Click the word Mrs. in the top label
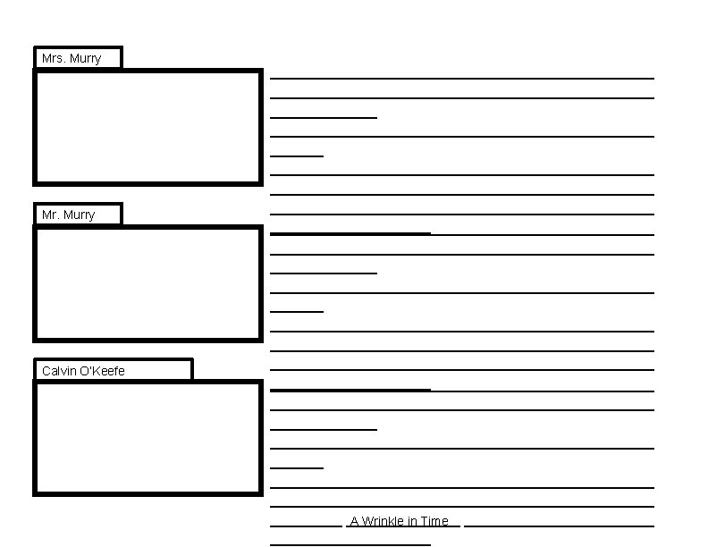pyautogui.click(x=52, y=59)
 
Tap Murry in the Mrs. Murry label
pyautogui.click(x=85, y=59)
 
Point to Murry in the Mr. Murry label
pyautogui.click(x=79, y=215)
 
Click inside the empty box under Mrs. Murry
pyautogui.click(x=147, y=127)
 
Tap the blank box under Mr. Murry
pyautogui.click(x=147, y=283)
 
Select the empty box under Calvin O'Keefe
pyautogui.click(x=147, y=438)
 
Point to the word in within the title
pyautogui.click(x=412, y=522)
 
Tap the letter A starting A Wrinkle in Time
pyautogui.click(x=354, y=522)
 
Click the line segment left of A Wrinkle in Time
pyautogui.click(x=306, y=526)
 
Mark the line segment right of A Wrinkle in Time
pyautogui.click(x=559, y=526)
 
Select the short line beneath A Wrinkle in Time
pyautogui.click(x=350, y=543)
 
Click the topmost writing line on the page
pyautogui.click(x=461, y=79)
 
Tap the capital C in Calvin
pyautogui.click(x=46, y=371)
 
